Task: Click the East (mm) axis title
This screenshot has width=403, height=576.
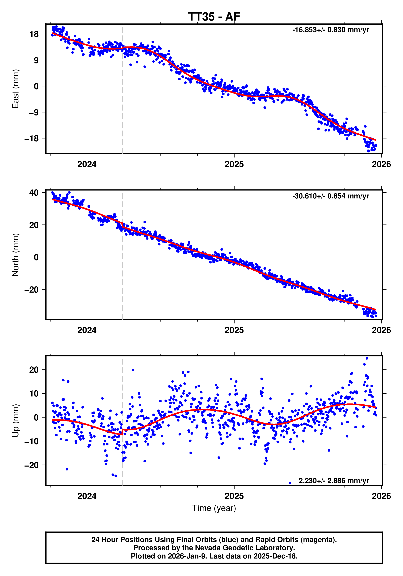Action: coord(15,89)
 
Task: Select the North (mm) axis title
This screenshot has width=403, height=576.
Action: coord(15,255)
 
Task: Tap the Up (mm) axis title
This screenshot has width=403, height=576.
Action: coord(15,421)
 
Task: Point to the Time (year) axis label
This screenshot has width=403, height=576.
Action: coord(214,508)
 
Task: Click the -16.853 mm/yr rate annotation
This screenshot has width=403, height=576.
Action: coord(330,30)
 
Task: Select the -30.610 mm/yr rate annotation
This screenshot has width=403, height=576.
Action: coord(330,196)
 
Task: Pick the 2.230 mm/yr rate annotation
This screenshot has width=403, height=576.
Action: coord(333,481)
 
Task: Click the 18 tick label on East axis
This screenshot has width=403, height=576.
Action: coord(34,34)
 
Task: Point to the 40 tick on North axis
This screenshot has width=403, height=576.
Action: coord(34,193)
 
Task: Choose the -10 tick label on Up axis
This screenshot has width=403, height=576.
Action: coord(31,441)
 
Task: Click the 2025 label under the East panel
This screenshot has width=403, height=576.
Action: coord(234,164)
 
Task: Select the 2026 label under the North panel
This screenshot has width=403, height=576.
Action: coord(381,330)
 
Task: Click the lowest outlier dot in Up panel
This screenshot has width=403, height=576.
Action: coord(290,483)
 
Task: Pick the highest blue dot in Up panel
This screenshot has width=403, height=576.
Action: coord(367,358)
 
